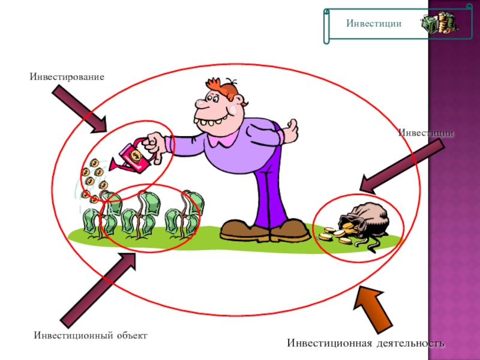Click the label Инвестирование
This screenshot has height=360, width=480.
click(67, 77)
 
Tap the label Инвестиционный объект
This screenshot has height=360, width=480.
click(91, 334)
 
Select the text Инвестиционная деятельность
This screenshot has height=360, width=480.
click(365, 343)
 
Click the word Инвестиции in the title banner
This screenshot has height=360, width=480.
click(373, 23)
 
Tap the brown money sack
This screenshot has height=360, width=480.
click(366, 220)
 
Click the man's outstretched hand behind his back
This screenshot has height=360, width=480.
click(292, 128)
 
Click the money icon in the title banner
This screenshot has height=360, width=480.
click(439, 23)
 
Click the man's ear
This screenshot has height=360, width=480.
click(238, 109)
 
